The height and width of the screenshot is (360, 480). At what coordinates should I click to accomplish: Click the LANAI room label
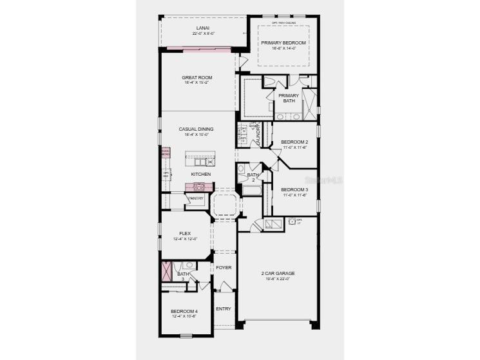[202, 28]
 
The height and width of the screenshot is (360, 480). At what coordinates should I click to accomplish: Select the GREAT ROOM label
[197, 77]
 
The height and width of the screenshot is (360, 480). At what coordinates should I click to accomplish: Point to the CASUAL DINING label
[197, 129]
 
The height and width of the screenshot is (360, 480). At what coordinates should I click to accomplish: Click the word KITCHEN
[200, 175]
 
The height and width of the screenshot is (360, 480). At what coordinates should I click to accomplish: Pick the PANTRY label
[197, 198]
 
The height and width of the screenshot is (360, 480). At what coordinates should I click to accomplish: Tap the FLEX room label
[185, 234]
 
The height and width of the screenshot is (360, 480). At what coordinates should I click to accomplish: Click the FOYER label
[224, 267]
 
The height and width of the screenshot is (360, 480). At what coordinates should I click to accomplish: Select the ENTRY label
[223, 308]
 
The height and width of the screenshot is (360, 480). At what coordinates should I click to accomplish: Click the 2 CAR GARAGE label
[278, 273]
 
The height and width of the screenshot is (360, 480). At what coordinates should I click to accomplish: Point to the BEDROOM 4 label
[185, 311]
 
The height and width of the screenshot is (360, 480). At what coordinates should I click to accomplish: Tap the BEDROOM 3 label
[294, 189]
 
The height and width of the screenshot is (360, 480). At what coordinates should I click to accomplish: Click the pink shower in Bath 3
[166, 270]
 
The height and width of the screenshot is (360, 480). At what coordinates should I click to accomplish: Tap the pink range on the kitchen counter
[198, 186]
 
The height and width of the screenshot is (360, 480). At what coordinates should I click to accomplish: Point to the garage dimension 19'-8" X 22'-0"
[278, 279]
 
